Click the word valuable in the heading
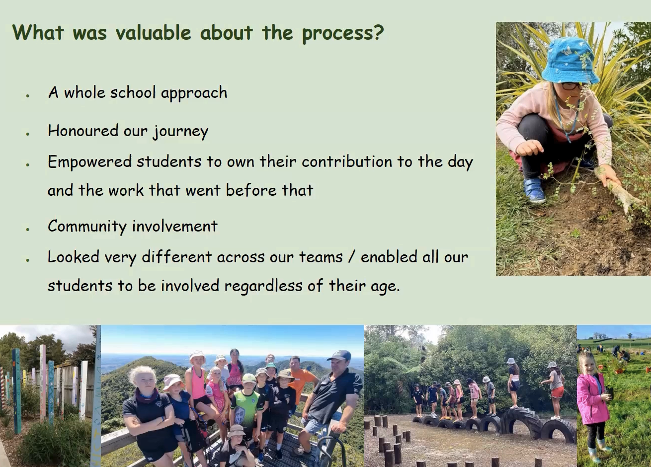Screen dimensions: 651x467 pyautogui.click(x=153, y=32)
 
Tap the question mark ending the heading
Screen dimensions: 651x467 pyautogui.click(x=378, y=32)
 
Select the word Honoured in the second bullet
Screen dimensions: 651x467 pyautogui.click(x=83, y=131)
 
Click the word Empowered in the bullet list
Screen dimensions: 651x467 pyautogui.click(x=89, y=162)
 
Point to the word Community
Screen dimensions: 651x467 pyautogui.click(x=87, y=227)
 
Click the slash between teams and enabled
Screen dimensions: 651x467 pyautogui.click(x=352, y=257)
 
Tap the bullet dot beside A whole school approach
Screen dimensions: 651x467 pyautogui.click(x=28, y=95)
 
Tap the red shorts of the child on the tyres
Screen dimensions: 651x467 pyautogui.click(x=557, y=392)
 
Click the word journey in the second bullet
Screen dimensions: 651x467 pyautogui.click(x=181, y=132)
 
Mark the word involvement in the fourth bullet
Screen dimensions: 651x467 pyautogui.click(x=175, y=226)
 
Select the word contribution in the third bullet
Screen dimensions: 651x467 pyautogui.click(x=347, y=161)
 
